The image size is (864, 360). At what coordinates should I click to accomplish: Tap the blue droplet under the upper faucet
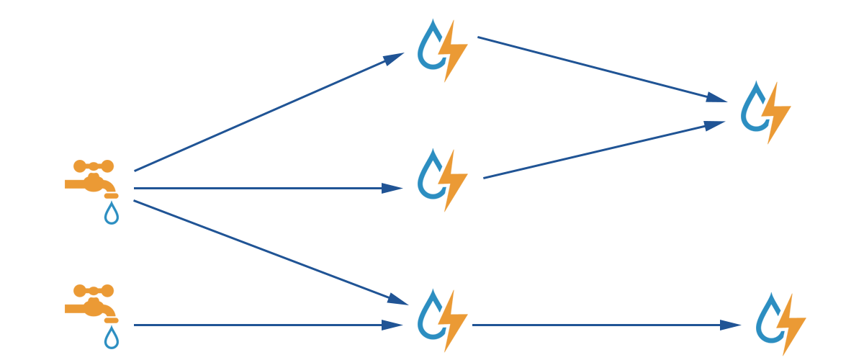[x=111, y=214]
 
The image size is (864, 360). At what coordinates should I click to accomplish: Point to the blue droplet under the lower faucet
[x=111, y=338]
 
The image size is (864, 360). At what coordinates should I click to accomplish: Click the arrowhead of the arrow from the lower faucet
[x=392, y=325]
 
